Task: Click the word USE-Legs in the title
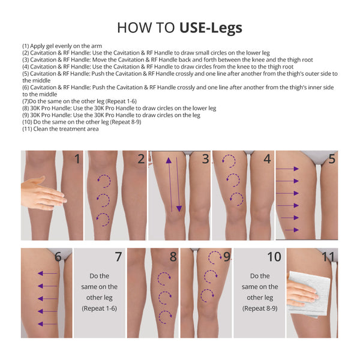(x=211, y=28)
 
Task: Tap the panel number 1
(x=77, y=159)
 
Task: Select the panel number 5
(x=332, y=159)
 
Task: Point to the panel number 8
(x=173, y=256)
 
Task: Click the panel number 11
(x=328, y=256)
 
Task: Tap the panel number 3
(x=205, y=159)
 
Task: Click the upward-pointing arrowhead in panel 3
(x=169, y=160)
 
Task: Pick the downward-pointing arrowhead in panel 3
(x=179, y=209)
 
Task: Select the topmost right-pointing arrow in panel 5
(x=287, y=169)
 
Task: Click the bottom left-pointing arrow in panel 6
(x=47, y=324)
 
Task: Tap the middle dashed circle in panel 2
(x=103, y=200)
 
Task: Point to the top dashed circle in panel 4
(x=229, y=161)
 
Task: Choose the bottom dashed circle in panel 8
(x=165, y=317)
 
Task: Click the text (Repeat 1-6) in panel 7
(x=100, y=308)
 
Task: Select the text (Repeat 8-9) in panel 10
(x=260, y=308)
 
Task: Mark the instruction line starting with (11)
(x=61, y=129)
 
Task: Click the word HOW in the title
(x=134, y=28)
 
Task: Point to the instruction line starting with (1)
(x=62, y=46)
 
